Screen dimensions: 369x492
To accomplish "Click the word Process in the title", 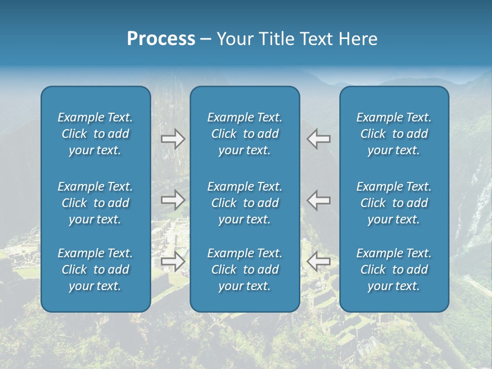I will [161, 39].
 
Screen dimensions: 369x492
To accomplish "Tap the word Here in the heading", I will [358, 39].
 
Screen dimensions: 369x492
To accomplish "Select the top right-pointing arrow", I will [173, 139].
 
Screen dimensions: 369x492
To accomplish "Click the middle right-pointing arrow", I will [173, 200].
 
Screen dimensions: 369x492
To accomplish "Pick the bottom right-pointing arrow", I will [173, 261].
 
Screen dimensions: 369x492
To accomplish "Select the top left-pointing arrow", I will [319, 139].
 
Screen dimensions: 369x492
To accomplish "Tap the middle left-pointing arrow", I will [319, 200].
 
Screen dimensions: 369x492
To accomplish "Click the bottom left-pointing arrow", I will [319, 261].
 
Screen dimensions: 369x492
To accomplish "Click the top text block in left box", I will [95, 134].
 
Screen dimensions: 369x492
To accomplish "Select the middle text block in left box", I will [95, 203].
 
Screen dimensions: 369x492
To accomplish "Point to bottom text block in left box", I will [95, 270].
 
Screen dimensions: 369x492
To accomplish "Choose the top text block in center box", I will [244, 134].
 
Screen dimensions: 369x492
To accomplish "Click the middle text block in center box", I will [244, 203].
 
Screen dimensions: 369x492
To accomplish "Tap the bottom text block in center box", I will [244, 270].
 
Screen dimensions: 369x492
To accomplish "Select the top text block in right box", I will [394, 134].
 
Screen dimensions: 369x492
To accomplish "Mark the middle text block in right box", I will [394, 203].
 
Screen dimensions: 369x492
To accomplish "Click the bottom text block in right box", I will [394, 270].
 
